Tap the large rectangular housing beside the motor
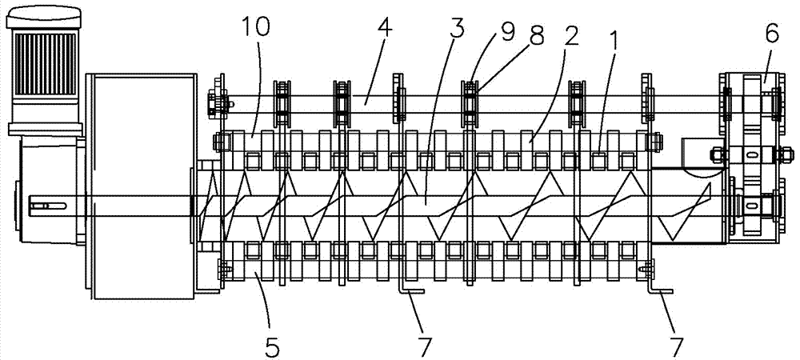140,184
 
